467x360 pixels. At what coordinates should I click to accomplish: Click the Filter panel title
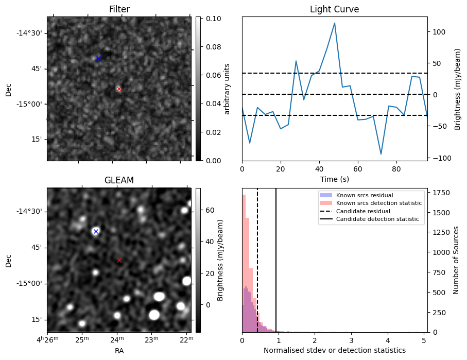[x=119, y=9]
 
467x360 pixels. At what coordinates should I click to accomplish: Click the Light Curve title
[x=334, y=9]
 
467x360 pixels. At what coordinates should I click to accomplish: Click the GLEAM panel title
[x=119, y=180]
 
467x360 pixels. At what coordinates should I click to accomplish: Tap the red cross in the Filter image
[x=119, y=89]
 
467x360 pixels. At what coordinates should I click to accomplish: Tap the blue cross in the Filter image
[x=98, y=58]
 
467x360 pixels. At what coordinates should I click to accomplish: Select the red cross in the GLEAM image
[x=119, y=261]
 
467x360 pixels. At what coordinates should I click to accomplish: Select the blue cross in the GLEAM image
[x=96, y=231]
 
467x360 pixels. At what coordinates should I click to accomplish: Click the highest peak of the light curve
[x=335, y=23]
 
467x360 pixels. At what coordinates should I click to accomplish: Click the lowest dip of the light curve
[x=381, y=154]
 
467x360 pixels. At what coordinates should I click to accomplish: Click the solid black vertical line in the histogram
[x=276, y=258]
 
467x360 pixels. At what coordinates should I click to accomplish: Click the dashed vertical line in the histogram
[x=257, y=258]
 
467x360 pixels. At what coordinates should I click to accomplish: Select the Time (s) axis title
[x=334, y=178]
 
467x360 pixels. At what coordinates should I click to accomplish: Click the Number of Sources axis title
[x=456, y=260]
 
